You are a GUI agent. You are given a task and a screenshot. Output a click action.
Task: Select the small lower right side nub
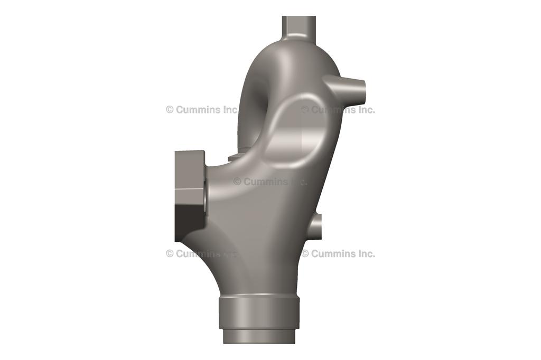315,226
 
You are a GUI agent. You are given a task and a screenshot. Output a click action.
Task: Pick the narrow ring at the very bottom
259,336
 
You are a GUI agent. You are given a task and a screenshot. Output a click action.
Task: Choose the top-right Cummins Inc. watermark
338,110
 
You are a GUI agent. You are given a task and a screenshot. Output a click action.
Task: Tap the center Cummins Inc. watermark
270,182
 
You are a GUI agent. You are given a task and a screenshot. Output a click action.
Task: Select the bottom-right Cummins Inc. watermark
338,253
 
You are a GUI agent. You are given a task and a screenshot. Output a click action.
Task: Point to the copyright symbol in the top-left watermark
170,110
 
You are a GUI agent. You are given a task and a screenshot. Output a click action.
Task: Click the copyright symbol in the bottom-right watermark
305,253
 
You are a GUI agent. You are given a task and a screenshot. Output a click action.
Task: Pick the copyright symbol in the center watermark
237,182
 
